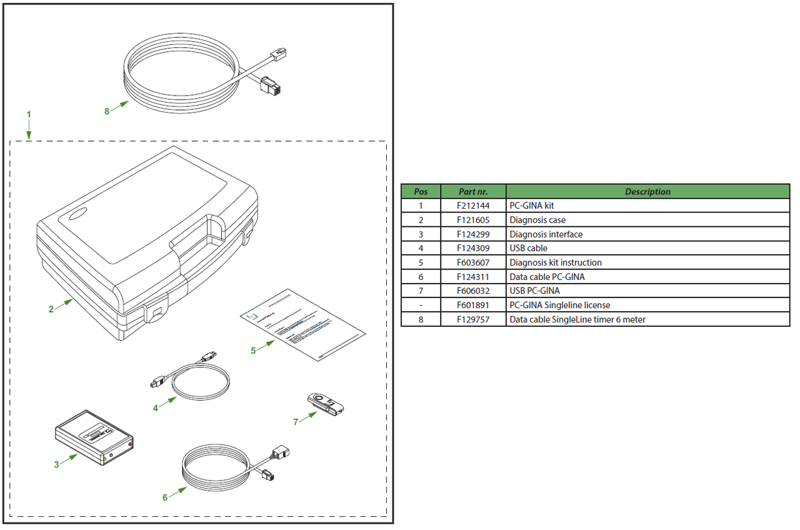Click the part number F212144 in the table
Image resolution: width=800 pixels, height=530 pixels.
[473, 206]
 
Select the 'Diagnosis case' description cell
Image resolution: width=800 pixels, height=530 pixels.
[537, 220]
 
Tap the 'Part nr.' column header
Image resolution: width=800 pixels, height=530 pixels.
[473, 192]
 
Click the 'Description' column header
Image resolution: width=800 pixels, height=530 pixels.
[647, 192]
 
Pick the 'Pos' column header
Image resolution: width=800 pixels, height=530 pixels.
[421, 192]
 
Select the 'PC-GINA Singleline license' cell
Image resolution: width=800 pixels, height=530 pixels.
[559, 306]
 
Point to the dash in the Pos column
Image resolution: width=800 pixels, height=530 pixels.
[421, 306]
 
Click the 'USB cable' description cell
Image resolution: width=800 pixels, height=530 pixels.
[528, 248]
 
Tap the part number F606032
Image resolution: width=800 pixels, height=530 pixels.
[473, 291]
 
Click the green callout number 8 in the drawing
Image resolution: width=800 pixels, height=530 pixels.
[107, 111]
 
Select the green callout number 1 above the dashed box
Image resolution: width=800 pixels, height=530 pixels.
[29, 114]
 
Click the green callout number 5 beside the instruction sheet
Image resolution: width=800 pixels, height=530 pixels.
[253, 351]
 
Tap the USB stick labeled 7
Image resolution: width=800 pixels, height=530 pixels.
[326, 403]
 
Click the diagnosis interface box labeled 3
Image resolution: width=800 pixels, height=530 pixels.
[94, 437]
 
